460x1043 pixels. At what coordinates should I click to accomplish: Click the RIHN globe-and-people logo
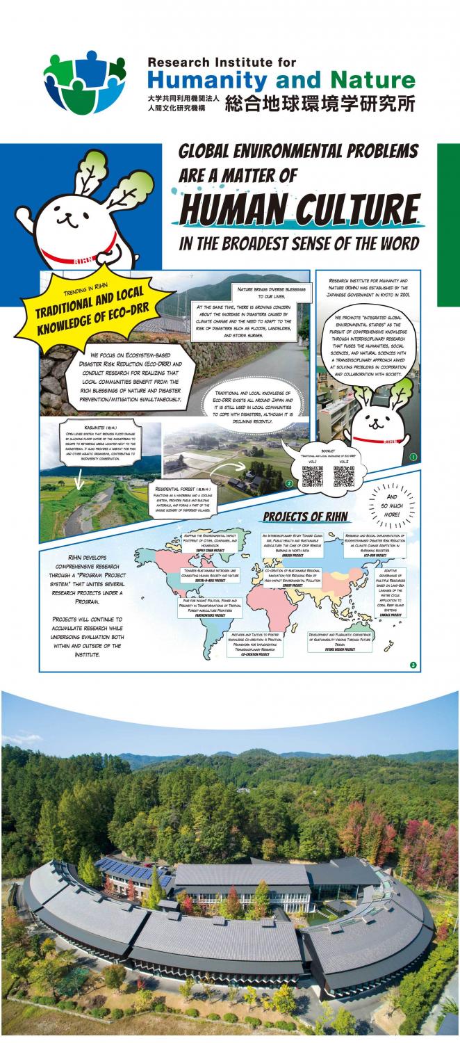(84, 82)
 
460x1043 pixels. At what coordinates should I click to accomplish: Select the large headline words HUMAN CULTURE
(299, 208)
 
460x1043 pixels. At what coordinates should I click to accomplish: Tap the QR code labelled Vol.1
(311, 476)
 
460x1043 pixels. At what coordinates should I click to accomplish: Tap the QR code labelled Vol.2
(343, 476)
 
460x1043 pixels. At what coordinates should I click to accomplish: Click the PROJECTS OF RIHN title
(306, 517)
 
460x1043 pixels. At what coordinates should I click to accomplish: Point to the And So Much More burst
(393, 503)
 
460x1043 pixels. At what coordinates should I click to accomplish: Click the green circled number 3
(413, 665)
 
